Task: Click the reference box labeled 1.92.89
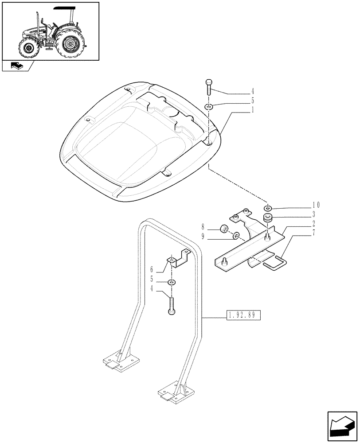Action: point(243,315)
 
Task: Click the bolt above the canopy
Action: point(209,88)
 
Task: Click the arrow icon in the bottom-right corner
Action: point(342,424)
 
